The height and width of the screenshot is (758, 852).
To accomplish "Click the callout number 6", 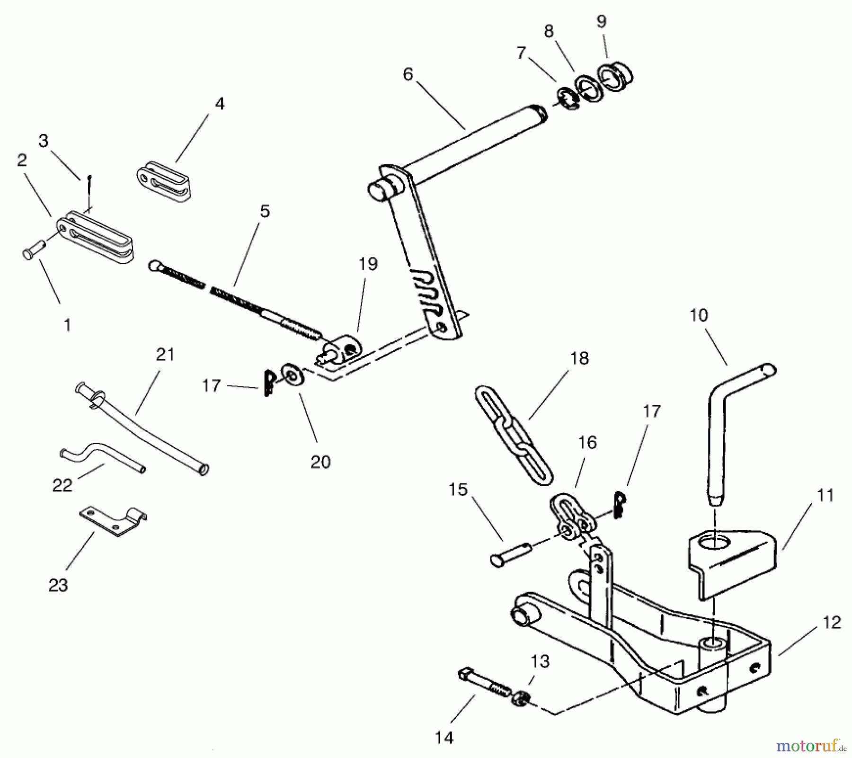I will tap(408, 74).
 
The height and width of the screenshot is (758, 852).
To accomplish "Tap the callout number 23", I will tap(58, 586).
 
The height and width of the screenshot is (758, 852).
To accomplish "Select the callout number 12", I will tap(831, 622).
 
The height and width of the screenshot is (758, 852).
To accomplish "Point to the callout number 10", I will tap(699, 315).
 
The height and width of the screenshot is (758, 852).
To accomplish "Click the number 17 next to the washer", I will tap(211, 386).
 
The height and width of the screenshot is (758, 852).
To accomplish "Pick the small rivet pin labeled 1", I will tap(33, 250).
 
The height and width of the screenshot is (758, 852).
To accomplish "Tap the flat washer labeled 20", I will tap(293, 376).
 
